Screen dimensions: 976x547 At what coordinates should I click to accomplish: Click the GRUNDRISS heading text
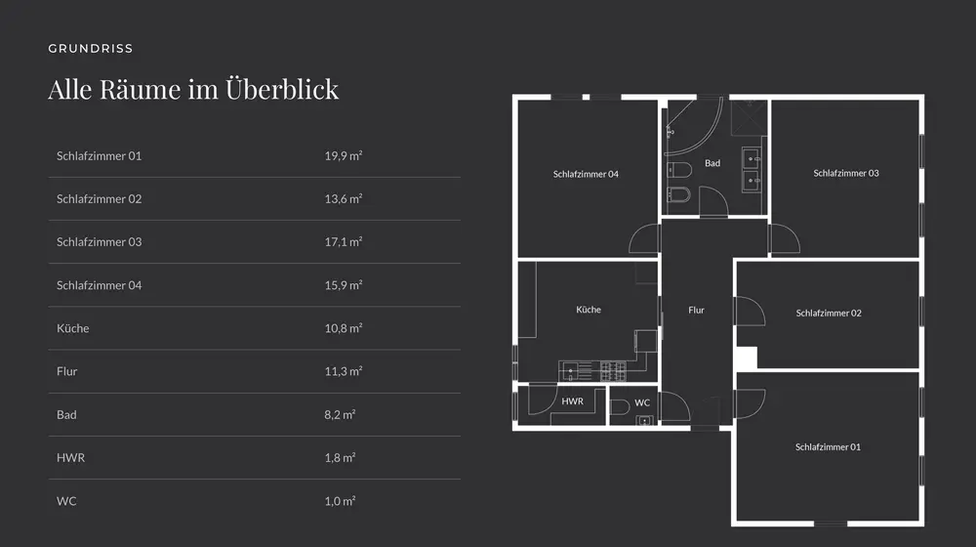pyautogui.click(x=90, y=48)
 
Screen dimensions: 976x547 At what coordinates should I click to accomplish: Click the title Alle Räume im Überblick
pyautogui.click(x=193, y=89)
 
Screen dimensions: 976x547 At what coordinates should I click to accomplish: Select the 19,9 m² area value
pyautogui.click(x=344, y=155)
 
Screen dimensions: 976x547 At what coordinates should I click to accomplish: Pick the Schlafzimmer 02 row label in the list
pyautogui.click(x=99, y=198)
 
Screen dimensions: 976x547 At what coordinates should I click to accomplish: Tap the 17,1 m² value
pyautogui.click(x=344, y=241)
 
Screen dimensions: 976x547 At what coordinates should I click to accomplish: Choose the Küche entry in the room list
pyautogui.click(x=72, y=328)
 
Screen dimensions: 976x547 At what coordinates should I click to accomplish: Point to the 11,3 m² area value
pyautogui.click(x=344, y=371)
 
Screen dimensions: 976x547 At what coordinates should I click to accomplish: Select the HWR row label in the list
pyautogui.click(x=70, y=457)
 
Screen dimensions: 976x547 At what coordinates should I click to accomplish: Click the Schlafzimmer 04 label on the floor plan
pyautogui.click(x=586, y=174)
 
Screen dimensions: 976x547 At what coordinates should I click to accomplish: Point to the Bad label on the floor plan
pyautogui.click(x=712, y=163)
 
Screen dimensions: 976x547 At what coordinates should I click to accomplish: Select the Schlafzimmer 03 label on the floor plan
pyautogui.click(x=846, y=173)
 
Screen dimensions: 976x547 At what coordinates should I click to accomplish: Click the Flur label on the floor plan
pyautogui.click(x=696, y=310)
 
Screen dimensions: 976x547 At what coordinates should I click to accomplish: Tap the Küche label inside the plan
pyautogui.click(x=589, y=309)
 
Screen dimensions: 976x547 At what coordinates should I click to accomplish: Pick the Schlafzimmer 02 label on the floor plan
pyautogui.click(x=829, y=313)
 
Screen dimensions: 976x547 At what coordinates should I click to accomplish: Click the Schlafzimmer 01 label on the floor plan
pyautogui.click(x=828, y=446)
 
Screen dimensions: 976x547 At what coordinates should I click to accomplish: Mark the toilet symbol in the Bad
pyautogui.click(x=680, y=193)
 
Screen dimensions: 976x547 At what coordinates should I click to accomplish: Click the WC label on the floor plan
pyautogui.click(x=642, y=402)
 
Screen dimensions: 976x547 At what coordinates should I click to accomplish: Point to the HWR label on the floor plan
pyautogui.click(x=573, y=401)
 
